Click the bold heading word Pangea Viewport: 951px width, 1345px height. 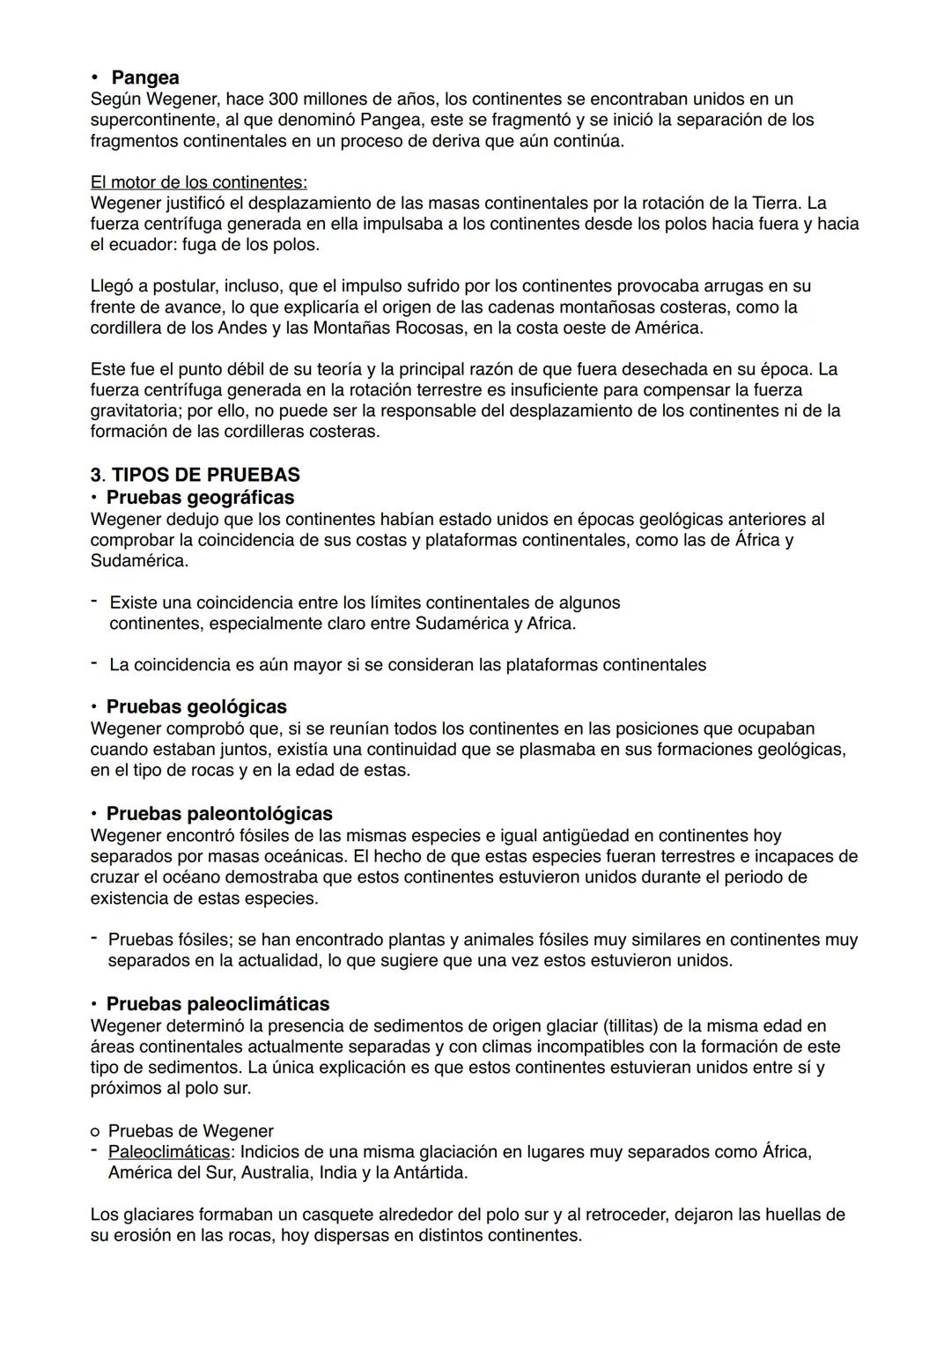145,78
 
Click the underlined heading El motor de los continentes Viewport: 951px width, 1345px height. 199,182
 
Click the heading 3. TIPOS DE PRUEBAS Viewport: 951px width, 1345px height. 195,475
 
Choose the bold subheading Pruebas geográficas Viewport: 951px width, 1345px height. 200,498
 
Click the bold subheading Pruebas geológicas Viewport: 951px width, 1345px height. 196,706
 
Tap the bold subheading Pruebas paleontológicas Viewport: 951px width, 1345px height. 219,813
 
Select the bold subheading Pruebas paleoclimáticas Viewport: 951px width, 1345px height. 217,1004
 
